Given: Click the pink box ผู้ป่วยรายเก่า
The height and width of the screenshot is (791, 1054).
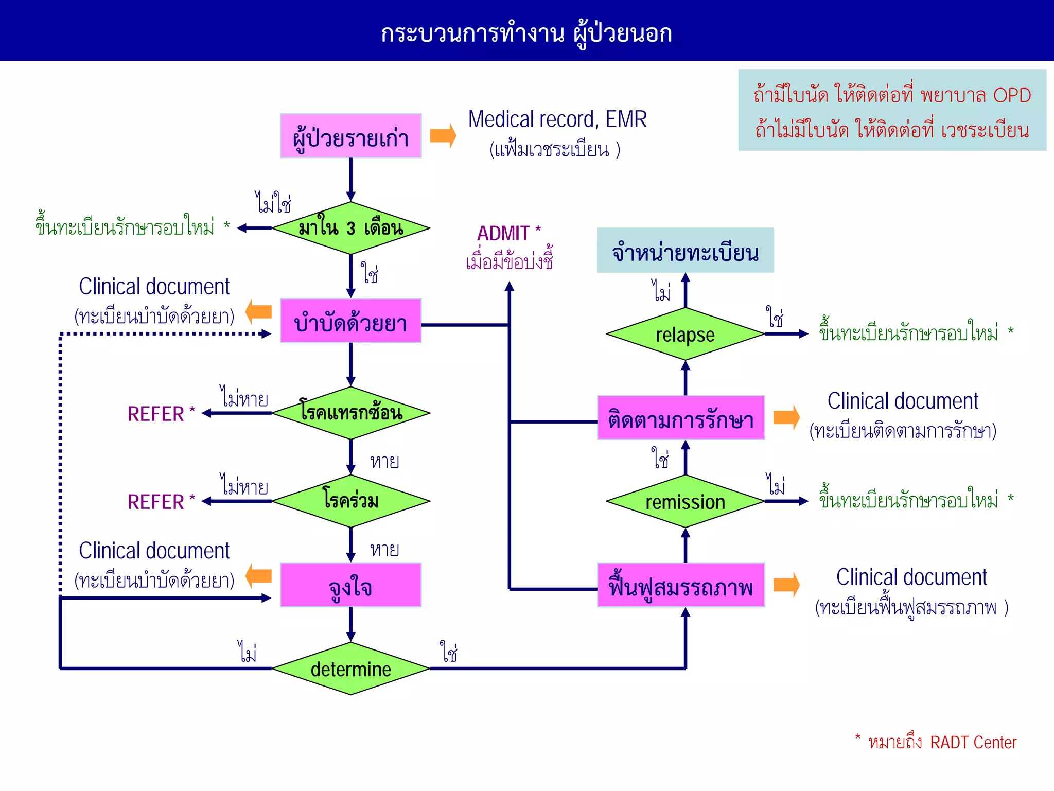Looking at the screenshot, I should [x=350, y=136].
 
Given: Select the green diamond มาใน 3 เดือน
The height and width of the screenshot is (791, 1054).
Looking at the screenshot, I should [x=350, y=228].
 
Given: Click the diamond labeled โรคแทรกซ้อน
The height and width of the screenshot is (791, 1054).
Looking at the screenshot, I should [x=350, y=413].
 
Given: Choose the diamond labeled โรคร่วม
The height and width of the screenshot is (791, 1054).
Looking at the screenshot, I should [x=350, y=501].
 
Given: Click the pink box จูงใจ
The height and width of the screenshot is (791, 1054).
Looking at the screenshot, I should [x=350, y=585].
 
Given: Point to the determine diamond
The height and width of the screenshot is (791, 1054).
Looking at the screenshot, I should [x=350, y=669].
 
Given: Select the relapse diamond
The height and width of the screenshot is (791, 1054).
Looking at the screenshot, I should [x=685, y=334].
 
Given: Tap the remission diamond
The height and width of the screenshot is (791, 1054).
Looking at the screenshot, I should [x=685, y=501].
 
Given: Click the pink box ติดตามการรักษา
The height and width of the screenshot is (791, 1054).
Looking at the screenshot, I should [x=680, y=418].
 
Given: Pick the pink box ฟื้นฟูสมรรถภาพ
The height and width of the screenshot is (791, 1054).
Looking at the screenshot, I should [x=680, y=585].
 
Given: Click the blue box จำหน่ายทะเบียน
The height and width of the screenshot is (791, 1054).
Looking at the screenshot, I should [x=685, y=251].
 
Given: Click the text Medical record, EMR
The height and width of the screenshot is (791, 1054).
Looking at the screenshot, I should [x=557, y=119].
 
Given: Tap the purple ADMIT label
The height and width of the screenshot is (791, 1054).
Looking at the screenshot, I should [x=503, y=234].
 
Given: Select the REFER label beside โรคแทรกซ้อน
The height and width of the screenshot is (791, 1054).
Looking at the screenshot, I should [x=156, y=414].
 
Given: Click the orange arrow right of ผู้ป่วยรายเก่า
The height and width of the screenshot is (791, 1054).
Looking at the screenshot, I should [x=443, y=136].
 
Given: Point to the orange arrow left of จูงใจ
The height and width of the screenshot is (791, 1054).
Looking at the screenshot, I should [x=259, y=576].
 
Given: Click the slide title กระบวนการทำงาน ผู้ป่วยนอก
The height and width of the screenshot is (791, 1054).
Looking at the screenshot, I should [x=526, y=33].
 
